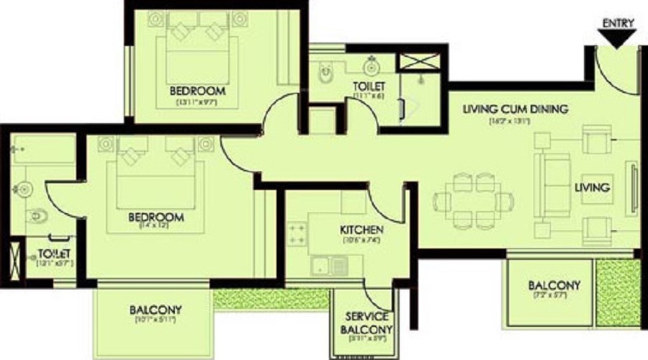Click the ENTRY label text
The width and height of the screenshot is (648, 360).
[x=618, y=22]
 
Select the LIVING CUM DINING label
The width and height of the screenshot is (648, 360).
[x=516, y=109]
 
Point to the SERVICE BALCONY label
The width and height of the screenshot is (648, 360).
[x=366, y=324]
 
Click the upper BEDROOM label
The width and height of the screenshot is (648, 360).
[x=197, y=91]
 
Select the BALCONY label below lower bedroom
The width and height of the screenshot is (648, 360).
[x=156, y=310]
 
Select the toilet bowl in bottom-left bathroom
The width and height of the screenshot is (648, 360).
[x=36, y=215]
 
